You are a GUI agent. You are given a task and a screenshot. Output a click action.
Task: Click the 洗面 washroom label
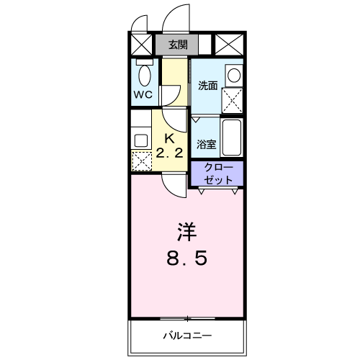(207, 86)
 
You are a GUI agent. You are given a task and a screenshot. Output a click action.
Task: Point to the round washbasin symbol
(233, 74)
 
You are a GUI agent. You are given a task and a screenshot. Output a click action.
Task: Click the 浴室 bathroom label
(206, 143)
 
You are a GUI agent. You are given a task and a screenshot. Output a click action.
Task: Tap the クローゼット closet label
(217, 173)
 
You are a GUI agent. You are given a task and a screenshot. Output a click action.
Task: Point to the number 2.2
(170, 152)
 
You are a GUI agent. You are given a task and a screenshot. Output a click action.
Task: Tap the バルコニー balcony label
(186, 336)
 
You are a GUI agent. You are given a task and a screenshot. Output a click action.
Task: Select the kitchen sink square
(140, 138)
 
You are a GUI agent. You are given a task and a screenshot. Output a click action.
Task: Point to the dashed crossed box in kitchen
(141, 161)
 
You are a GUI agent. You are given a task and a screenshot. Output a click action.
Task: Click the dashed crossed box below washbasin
(233, 100)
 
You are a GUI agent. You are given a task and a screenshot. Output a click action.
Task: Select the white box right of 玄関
(204, 45)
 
